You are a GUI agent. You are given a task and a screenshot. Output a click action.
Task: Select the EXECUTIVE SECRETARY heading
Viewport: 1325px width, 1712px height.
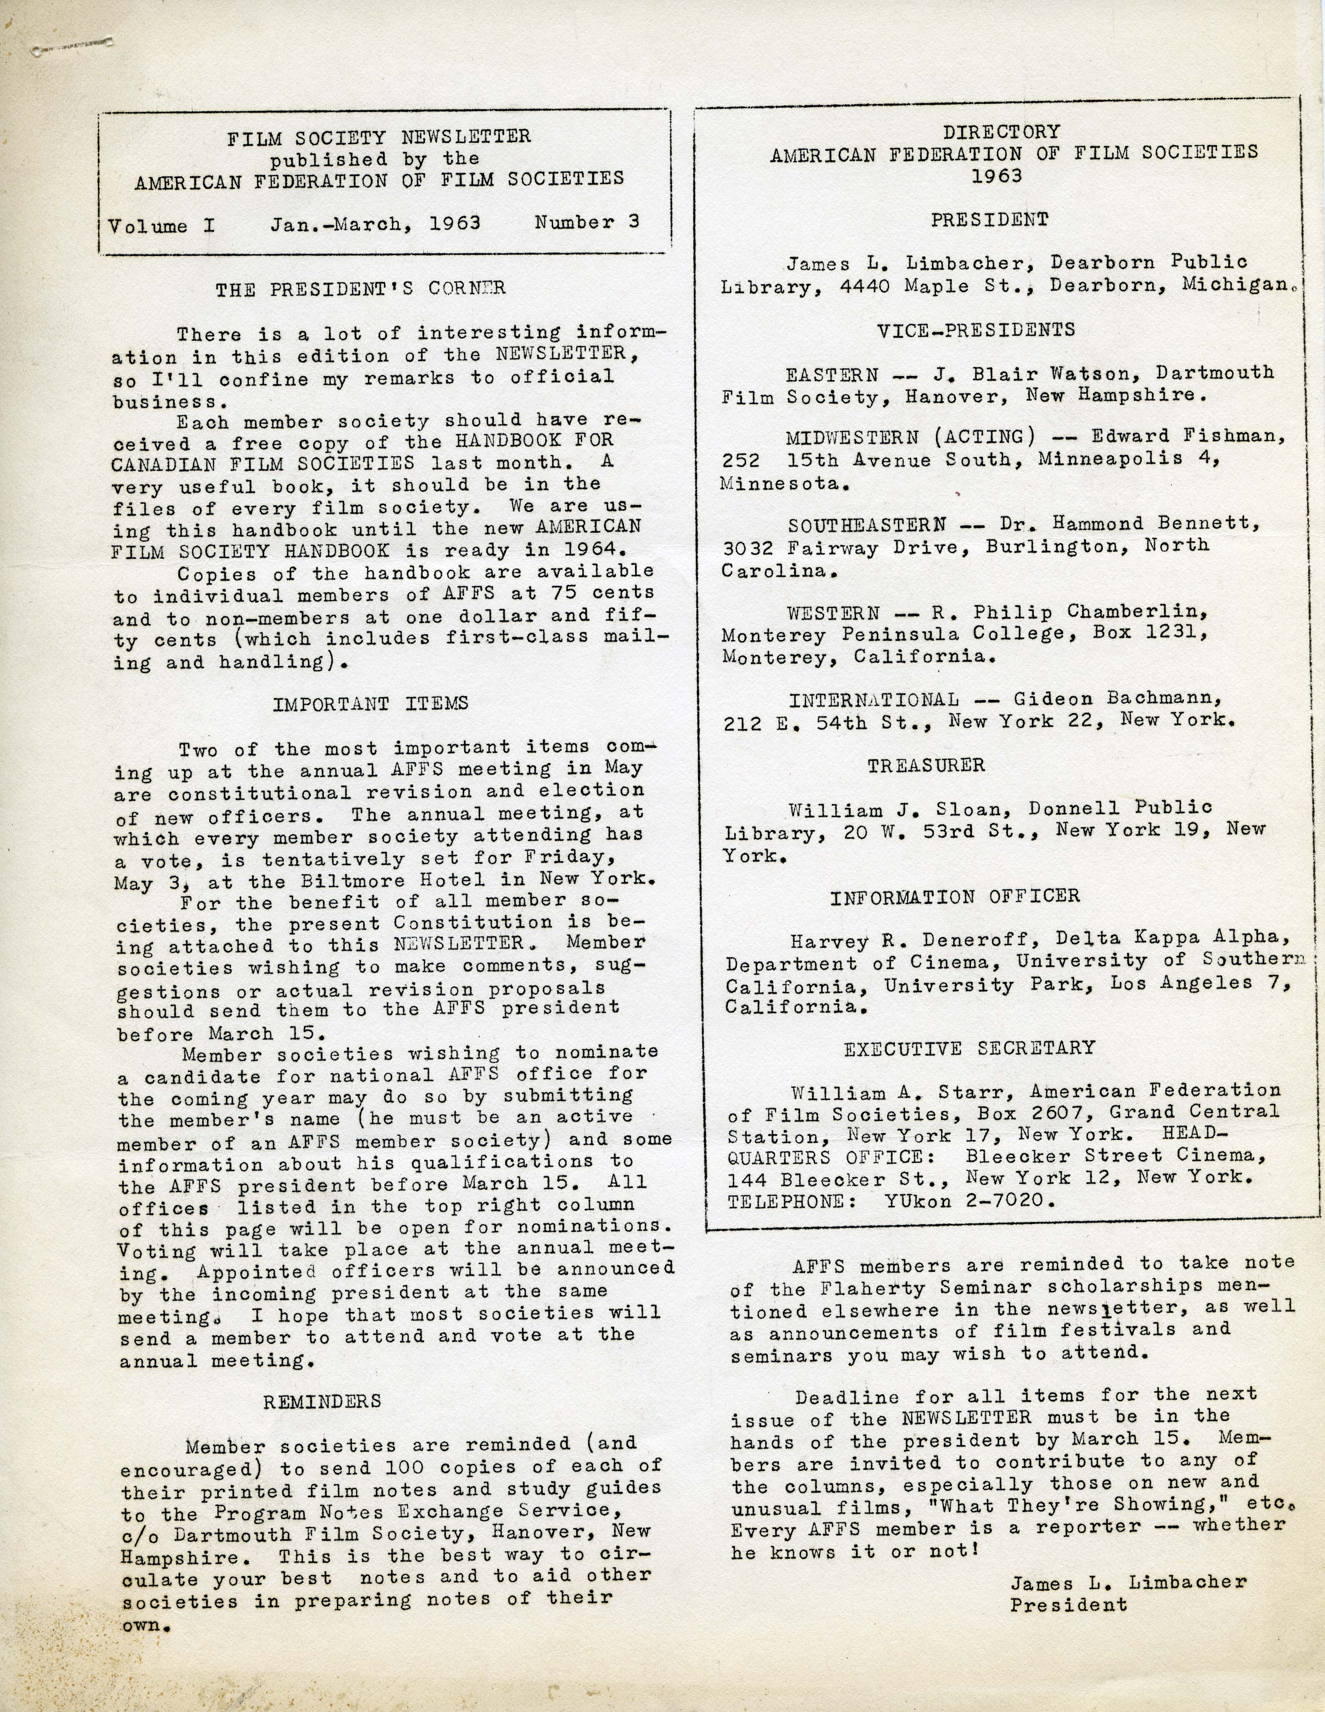[x=969, y=1048]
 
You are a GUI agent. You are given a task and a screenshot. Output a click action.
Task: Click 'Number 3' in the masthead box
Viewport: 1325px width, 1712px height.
[x=587, y=222]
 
